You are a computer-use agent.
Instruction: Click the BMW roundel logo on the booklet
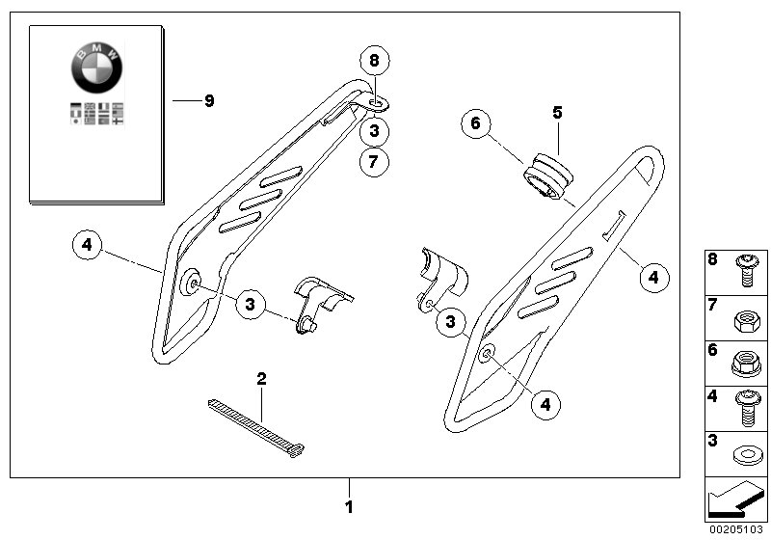click(x=97, y=67)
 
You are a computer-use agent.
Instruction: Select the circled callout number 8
click(x=376, y=61)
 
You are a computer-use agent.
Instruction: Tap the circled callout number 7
click(x=376, y=161)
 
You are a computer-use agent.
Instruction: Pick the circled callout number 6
click(x=475, y=124)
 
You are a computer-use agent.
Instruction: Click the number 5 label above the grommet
click(x=556, y=112)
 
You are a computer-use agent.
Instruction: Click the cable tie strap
click(x=256, y=425)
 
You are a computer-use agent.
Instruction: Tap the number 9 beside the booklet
click(x=209, y=100)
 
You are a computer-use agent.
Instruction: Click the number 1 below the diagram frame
click(x=349, y=505)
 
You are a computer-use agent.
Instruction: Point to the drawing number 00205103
click(x=736, y=529)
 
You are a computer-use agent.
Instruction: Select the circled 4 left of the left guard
click(x=87, y=245)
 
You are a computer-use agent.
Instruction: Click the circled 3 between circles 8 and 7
click(x=376, y=129)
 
